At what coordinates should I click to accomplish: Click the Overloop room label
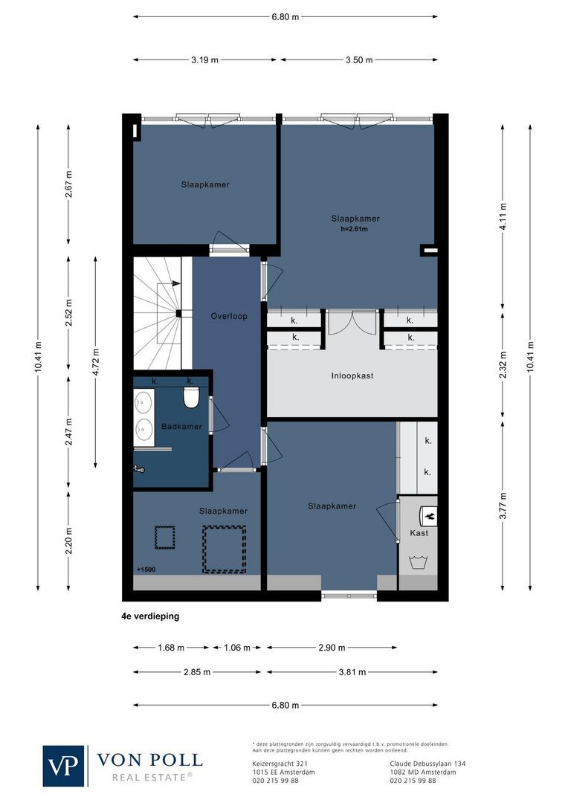coord(229,316)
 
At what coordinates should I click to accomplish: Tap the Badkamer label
coord(181,426)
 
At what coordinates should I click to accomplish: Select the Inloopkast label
coord(352,376)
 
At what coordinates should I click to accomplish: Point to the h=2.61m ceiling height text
coord(355,230)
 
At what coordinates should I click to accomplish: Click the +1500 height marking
coord(146,570)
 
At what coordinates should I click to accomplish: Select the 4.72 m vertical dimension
coord(96,362)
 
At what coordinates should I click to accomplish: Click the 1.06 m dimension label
coord(237,648)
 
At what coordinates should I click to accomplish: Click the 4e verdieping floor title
coord(150,616)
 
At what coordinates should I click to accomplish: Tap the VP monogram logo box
coord(64,765)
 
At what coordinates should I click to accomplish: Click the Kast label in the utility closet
coord(419,533)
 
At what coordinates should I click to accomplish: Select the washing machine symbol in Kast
coord(419,561)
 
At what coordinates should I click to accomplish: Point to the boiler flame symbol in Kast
coord(430,514)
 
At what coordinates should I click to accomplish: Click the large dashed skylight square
coord(224,549)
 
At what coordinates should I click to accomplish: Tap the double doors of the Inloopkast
coord(352,321)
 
